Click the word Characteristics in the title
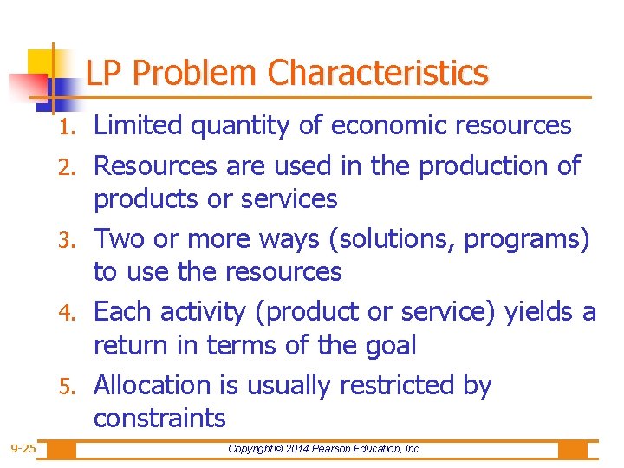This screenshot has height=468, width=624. (379, 74)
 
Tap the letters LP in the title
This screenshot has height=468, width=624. (104, 74)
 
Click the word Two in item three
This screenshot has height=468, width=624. (115, 237)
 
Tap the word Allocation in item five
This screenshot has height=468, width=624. (168, 384)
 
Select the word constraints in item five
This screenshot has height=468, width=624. (159, 419)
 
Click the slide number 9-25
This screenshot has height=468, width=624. (23, 449)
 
